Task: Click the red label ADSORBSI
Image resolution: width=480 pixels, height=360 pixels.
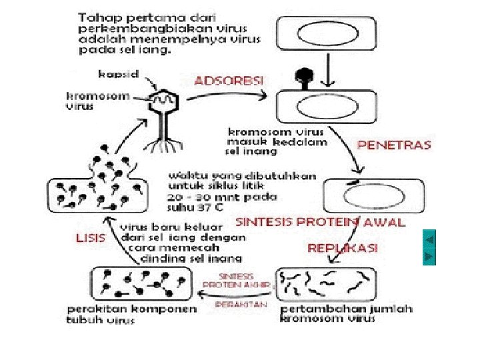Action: pos(229,80)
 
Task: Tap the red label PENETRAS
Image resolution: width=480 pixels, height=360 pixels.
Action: pos(394,145)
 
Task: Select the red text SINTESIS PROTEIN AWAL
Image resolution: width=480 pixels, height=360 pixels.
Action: pos(321,222)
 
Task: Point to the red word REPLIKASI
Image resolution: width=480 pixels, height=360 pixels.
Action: pos(342,248)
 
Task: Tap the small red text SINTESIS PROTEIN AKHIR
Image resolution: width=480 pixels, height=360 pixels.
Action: pos(237,280)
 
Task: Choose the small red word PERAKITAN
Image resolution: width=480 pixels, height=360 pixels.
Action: pos(241,304)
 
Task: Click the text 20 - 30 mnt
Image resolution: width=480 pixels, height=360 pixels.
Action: pos(193,198)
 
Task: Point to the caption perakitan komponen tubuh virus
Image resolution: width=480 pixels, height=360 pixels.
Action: pos(132,314)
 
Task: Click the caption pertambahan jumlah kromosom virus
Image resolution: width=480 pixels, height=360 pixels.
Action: pos(347,313)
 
